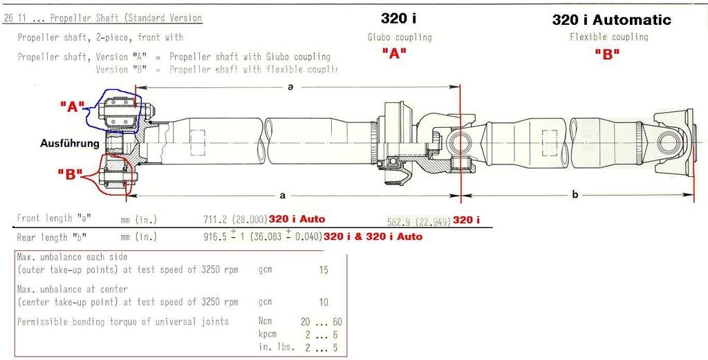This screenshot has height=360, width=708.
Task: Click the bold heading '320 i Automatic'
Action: [611, 20]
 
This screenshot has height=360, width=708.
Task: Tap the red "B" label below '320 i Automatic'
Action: [607, 55]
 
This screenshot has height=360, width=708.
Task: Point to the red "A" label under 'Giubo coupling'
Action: [393, 55]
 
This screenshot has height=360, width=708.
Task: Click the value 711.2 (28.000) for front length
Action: [236, 219]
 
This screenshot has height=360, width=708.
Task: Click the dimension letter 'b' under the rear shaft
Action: [575, 195]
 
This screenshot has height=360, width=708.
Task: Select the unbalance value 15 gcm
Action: [324, 270]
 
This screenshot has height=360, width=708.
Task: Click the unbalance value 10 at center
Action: [324, 302]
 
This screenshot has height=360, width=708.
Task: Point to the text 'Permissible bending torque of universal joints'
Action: [123, 322]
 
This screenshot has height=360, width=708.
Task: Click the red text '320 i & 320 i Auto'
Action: [373, 237]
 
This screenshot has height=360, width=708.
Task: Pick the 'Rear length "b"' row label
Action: [55, 237]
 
